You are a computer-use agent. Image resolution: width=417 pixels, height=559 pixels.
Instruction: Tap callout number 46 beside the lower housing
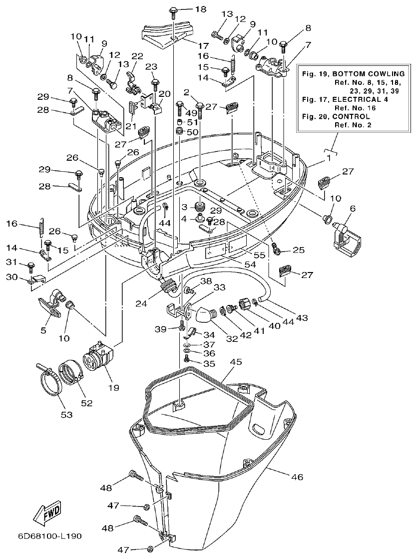coord(297,477)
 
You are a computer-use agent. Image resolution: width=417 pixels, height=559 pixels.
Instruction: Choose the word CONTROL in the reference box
coord(355,116)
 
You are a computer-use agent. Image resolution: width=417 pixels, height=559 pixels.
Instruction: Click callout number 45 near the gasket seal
coord(236,361)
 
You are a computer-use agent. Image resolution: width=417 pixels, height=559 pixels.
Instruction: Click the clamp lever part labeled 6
coord(345,238)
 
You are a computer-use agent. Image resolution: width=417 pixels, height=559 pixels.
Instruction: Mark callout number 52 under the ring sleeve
coord(87,403)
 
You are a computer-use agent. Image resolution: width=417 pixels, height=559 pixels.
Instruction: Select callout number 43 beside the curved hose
coord(301,317)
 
